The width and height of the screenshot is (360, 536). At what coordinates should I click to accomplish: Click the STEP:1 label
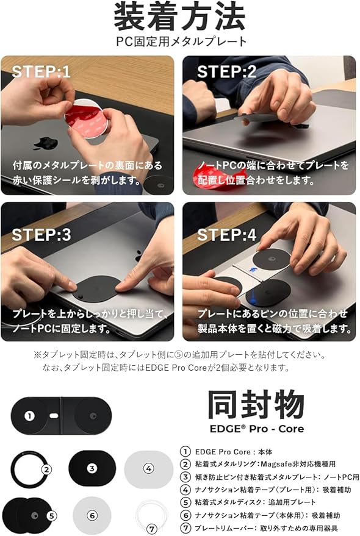click(41, 71)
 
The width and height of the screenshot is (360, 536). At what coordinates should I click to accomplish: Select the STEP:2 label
click(226, 71)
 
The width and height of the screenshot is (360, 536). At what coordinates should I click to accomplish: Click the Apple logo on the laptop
click(46, 144)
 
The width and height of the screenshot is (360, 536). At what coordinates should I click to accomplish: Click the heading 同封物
click(256, 405)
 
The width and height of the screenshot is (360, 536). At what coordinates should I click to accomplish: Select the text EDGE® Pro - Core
click(256, 429)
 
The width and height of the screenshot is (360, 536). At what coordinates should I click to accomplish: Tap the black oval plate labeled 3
click(92, 469)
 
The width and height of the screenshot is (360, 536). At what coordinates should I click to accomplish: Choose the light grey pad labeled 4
click(148, 469)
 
